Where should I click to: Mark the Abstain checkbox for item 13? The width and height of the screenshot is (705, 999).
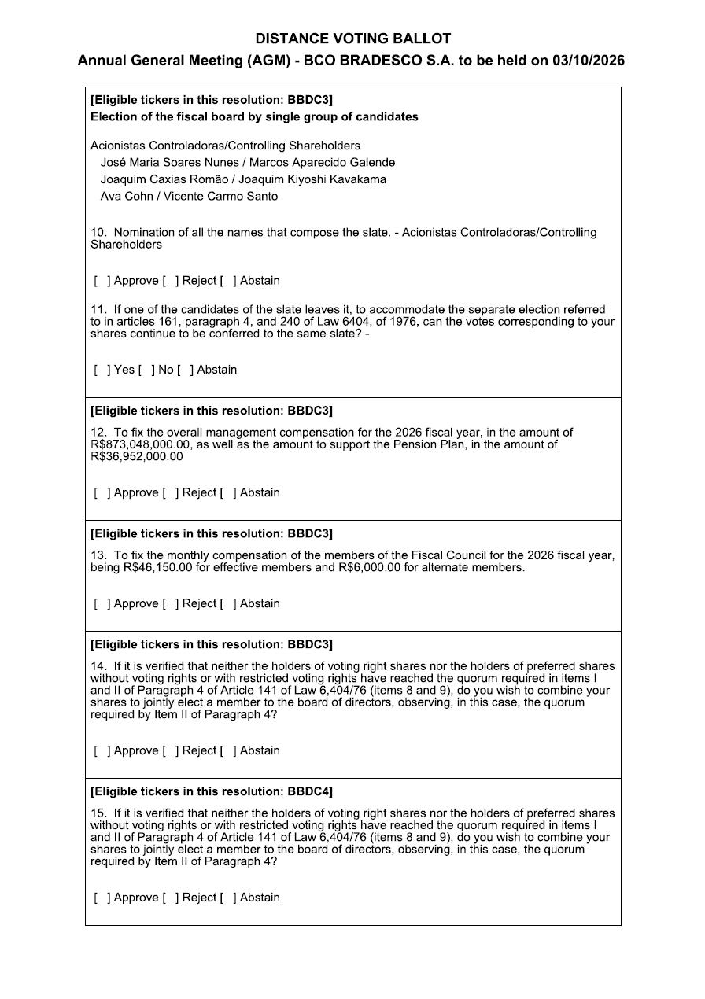[x=227, y=603]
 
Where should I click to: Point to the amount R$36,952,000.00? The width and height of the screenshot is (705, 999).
[x=136, y=456]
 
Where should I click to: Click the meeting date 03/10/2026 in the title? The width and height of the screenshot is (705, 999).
[x=589, y=61]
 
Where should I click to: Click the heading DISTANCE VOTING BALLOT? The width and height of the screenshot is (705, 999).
[x=352, y=39]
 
